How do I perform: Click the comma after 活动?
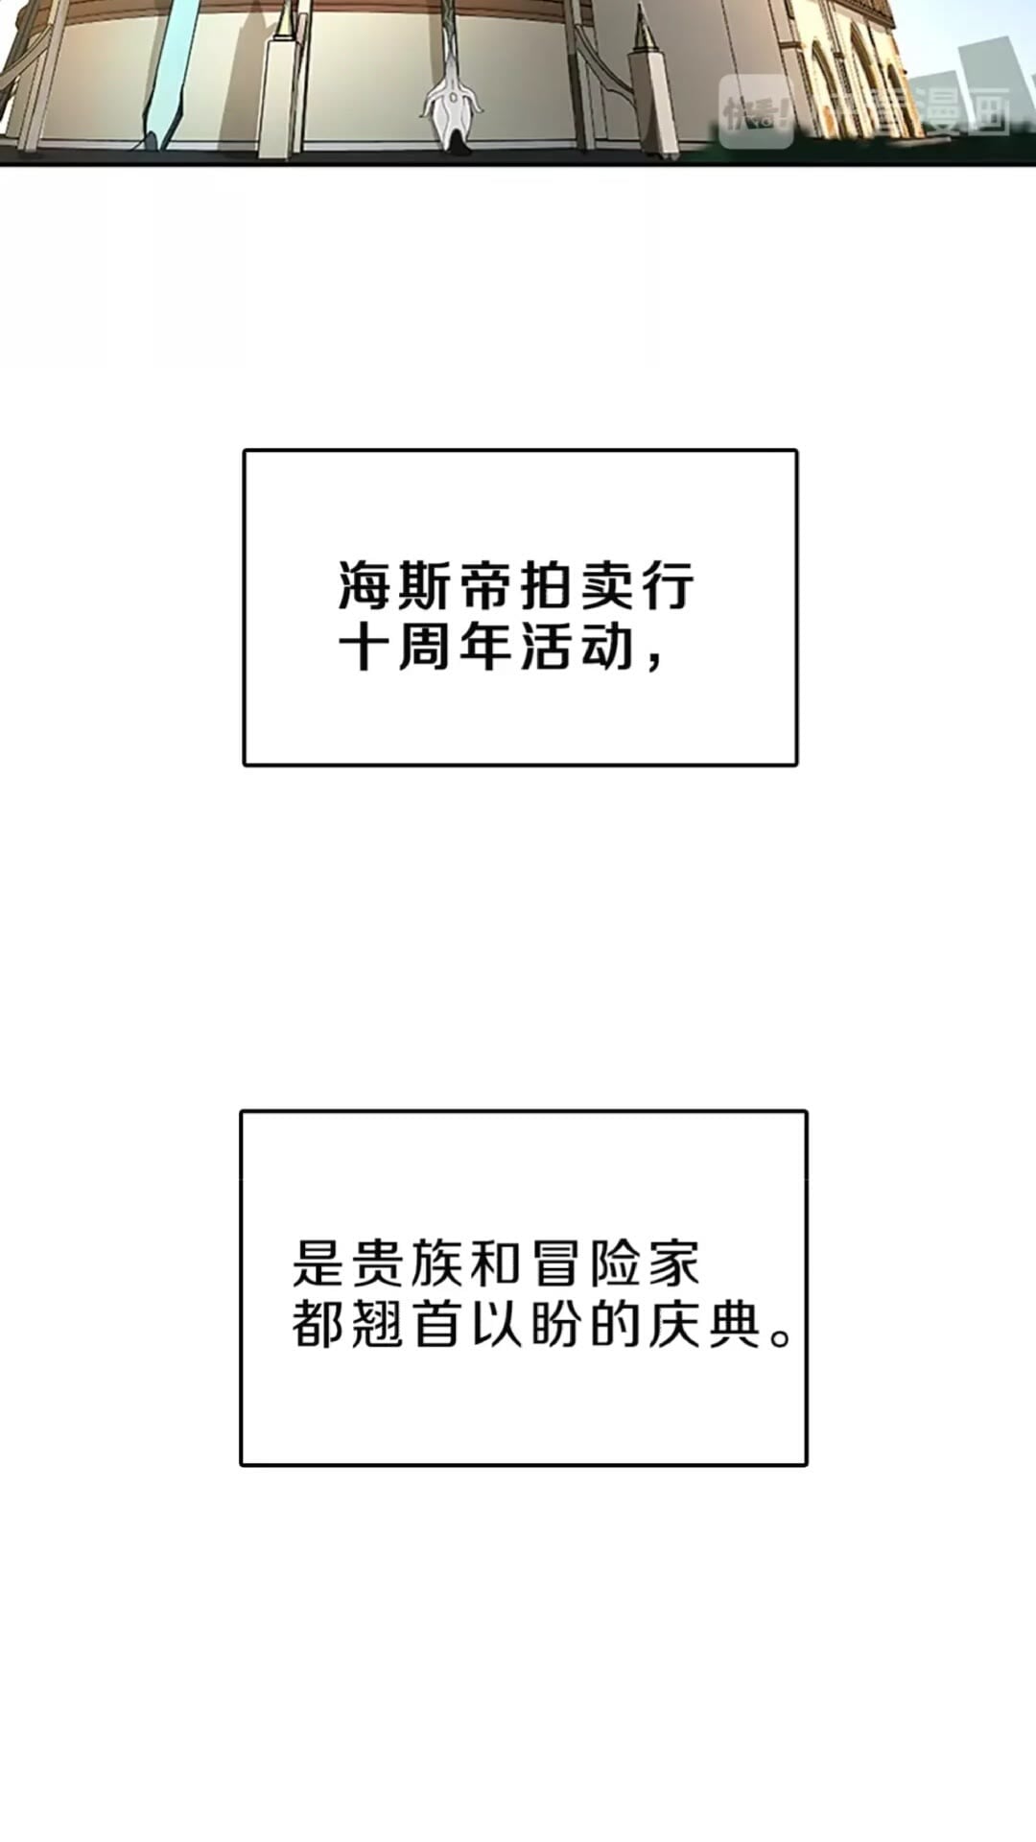[655, 662]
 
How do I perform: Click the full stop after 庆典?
[781, 1337]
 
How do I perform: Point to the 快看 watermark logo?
[756, 113]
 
